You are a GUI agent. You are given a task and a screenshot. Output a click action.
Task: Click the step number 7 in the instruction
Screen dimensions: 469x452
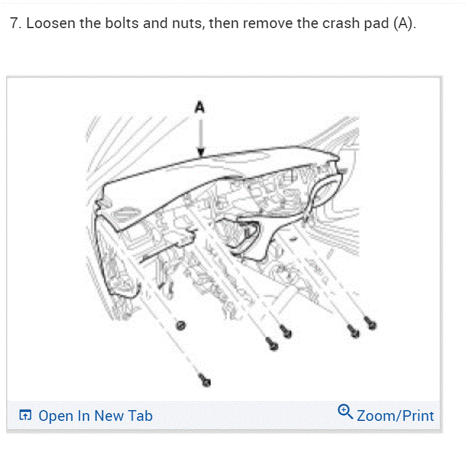click(x=14, y=25)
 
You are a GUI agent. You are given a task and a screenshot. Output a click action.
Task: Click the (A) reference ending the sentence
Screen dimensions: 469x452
click(x=403, y=25)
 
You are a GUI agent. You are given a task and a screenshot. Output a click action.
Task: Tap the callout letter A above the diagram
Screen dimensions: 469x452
click(x=200, y=108)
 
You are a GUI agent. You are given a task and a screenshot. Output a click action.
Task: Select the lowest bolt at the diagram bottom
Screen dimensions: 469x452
click(x=206, y=379)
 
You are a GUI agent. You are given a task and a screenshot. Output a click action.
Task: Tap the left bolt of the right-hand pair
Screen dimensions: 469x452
click(x=354, y=330)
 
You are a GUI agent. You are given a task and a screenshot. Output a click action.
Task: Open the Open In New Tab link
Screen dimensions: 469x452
click(x=95, y=416)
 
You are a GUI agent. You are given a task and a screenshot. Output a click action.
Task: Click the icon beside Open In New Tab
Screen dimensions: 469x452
click(x=24, y=415)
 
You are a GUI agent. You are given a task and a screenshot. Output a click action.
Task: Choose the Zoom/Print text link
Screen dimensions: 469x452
click(x=395, y=415)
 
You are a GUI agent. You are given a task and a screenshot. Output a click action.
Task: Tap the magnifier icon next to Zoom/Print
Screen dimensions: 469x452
click(x=345, y=411)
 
